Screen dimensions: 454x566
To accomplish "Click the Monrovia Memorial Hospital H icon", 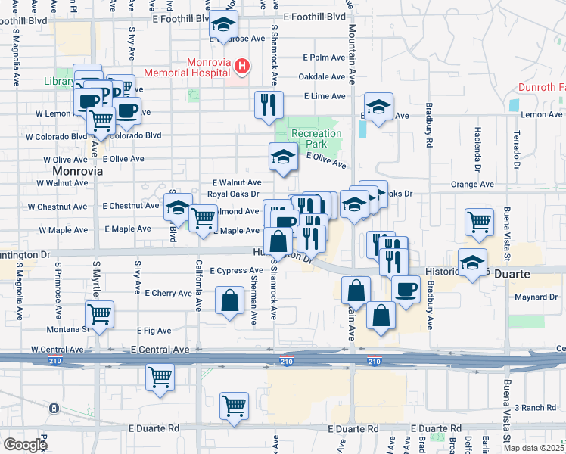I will [241, 67].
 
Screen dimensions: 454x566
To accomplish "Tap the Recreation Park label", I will [317, 138].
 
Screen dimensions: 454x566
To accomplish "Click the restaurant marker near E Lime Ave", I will [268, 104].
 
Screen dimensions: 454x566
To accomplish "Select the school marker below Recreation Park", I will [282, 157].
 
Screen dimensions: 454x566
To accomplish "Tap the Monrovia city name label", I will [77, 171].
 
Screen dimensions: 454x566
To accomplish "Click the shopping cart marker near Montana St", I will [99, 313].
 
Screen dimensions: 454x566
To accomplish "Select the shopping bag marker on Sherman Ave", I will [229, 300].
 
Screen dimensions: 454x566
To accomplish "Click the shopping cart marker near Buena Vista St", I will [478, 222].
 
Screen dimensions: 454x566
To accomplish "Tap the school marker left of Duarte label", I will [472, 263].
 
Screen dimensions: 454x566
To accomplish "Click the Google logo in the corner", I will [25, 445].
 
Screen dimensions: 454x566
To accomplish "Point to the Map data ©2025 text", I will [533, 448].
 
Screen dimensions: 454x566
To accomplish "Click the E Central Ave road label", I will [159, 350].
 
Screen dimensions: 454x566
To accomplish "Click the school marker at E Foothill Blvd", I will [223, 25].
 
